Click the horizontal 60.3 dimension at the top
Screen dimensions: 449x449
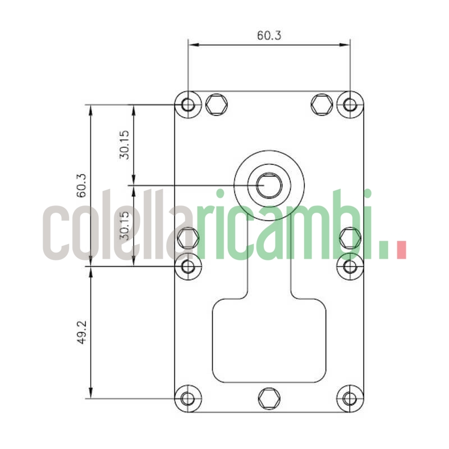(x=269, y=35)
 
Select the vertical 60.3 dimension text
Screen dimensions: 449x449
(x=81, y=185)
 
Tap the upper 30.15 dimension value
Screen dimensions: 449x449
(x=124, y=145)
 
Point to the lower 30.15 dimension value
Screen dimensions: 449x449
(x=124, y=226)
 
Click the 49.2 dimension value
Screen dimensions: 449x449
(x=81, y=332)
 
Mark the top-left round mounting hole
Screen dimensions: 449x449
(x=189, y=104)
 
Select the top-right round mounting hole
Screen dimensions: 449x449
(x=350, y=104)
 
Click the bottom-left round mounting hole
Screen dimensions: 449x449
(x=189, y=398)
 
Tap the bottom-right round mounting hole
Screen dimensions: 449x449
(x=350, y=398)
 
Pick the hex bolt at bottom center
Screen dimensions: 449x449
(x=269, y=398)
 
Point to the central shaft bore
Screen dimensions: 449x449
(x=269, y=185)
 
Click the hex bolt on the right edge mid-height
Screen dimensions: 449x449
(x=350, y=238)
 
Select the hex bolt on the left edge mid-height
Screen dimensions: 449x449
(x=187, y=238)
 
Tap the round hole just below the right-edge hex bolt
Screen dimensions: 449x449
(x=350, y=266)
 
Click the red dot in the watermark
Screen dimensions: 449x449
(x=401, y=250)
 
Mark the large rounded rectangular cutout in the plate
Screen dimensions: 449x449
(x=269, y=340)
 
